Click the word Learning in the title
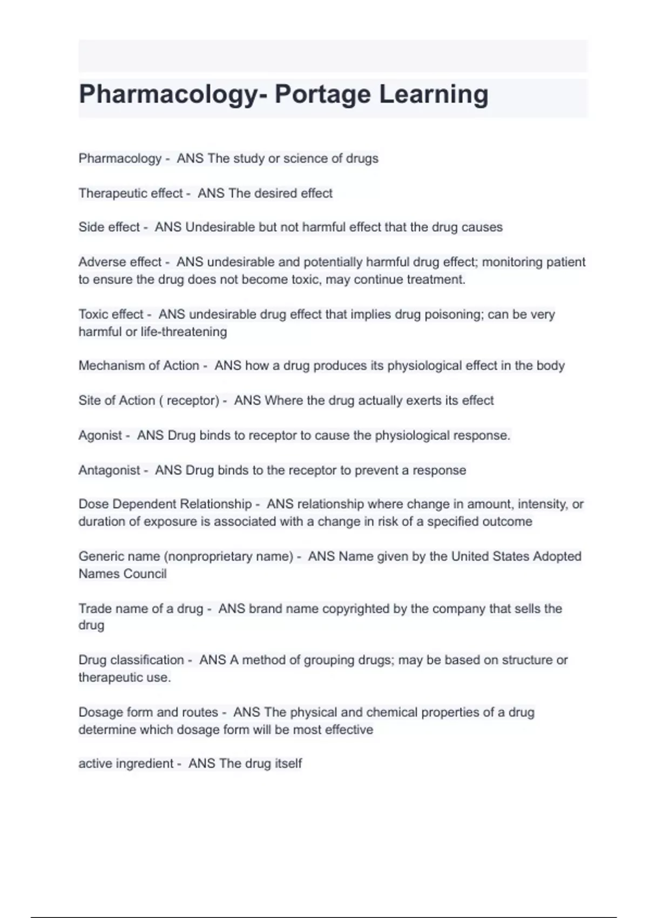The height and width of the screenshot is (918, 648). click(434, 94)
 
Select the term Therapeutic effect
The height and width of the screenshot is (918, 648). click(131, 193)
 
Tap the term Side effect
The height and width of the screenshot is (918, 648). click(109, 227)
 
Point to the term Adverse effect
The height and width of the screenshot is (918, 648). click(120, 262)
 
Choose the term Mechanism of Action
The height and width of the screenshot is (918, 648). click(139, 366)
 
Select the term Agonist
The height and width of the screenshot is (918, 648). click(100, 435)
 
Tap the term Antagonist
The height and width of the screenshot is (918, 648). click(109, 470)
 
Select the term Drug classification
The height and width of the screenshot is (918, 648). click(131, 660)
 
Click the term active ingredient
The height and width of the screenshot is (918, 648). click(126, 764)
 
